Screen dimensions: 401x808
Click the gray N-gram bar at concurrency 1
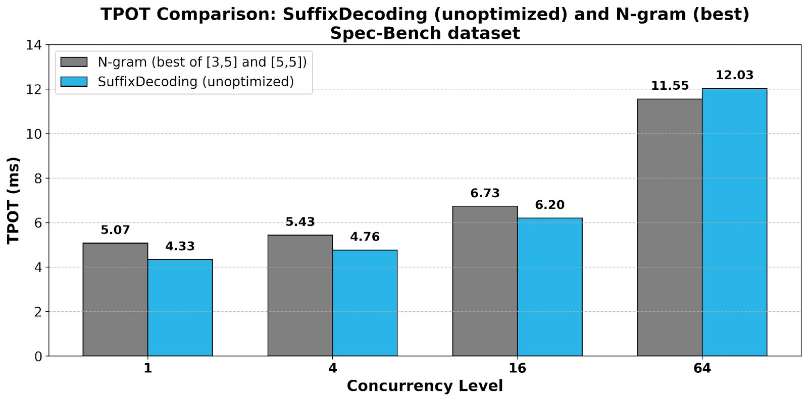115,300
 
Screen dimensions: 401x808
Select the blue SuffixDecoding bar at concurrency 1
180,308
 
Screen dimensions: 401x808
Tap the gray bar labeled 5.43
300,296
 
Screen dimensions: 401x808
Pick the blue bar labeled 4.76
365,303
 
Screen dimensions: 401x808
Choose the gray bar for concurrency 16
485,281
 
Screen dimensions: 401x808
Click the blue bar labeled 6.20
549,287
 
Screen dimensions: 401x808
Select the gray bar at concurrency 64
670,227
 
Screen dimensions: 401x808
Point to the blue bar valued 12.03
734,222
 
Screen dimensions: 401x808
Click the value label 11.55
670,86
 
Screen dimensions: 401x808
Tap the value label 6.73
485,193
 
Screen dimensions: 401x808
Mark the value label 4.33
180,246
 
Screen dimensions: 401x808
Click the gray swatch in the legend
74,62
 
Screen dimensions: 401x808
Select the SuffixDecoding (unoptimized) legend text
196,82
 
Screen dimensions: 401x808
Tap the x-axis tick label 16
517,368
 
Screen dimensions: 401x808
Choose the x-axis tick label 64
702,368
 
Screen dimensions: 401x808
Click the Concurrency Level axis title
425,386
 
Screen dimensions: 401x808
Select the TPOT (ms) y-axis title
14,200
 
